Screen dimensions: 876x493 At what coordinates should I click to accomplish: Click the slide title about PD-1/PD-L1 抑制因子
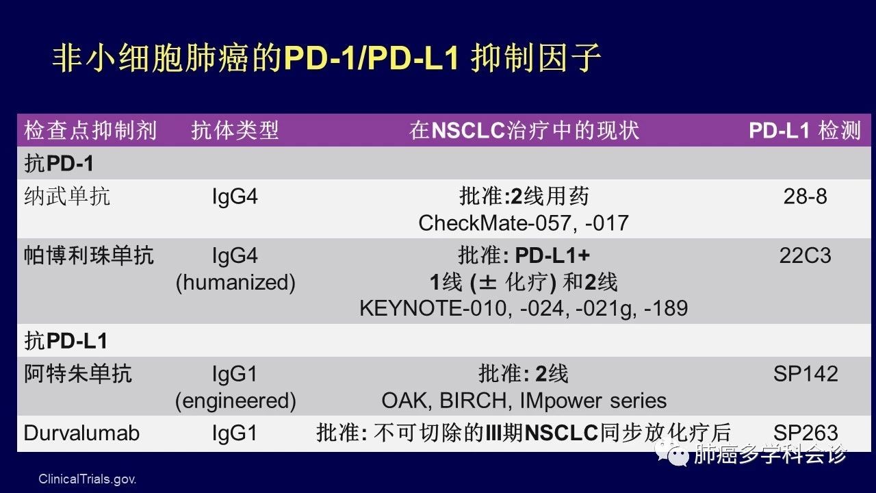(326, 58)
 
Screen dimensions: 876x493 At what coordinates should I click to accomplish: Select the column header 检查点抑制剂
(91, 130)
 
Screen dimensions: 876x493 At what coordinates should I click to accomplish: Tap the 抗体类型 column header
(235, 130)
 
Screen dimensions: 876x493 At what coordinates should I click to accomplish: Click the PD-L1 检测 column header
(804, 130)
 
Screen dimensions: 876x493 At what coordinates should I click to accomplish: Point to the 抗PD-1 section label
(59, 163)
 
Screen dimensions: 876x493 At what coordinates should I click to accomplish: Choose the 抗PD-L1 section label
(66, 340)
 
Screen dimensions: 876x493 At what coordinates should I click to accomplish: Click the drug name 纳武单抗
(67, 196)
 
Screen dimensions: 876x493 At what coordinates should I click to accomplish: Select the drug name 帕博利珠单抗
(89, 255)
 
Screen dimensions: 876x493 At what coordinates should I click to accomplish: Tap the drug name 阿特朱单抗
(78, 373)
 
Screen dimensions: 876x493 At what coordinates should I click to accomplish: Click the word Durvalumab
(81, 433)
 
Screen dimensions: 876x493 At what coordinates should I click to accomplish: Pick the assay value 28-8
(806, 197)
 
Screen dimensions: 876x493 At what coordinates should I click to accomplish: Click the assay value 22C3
(806, 256)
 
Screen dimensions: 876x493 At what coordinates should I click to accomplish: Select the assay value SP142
(806, 374)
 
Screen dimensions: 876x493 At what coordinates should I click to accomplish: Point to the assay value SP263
(806, 433)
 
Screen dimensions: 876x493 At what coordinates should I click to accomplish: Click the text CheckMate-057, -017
(524, 223)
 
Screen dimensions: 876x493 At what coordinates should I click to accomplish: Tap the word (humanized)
(235, 283)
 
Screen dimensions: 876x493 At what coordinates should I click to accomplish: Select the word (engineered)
(235, 401)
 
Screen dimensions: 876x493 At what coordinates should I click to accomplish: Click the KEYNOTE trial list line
(524, 309)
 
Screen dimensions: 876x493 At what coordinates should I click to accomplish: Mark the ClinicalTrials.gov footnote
(87, 479)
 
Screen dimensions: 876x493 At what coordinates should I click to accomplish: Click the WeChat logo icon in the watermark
(673, 453)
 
